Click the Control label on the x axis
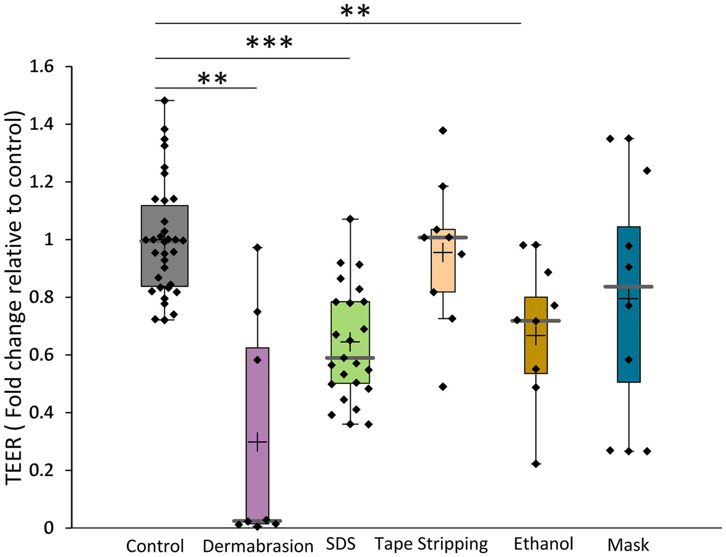click(x=155, y=546)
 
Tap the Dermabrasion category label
click(x=258, y=546)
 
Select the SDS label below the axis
click(x=341, y=544)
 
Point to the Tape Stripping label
click(x=431, y=544)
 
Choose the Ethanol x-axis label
click(x=543, y=544)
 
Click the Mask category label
click(x=628, y=545)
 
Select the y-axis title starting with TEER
click(x=14, y=298)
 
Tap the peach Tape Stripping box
click(x=443, y=274)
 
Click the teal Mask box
click(x=629, y=331)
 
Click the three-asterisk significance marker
click(x=269, y=43)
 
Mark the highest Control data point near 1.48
click(x=165, y=101)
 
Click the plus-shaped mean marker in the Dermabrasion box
click(x=257, y=442)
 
